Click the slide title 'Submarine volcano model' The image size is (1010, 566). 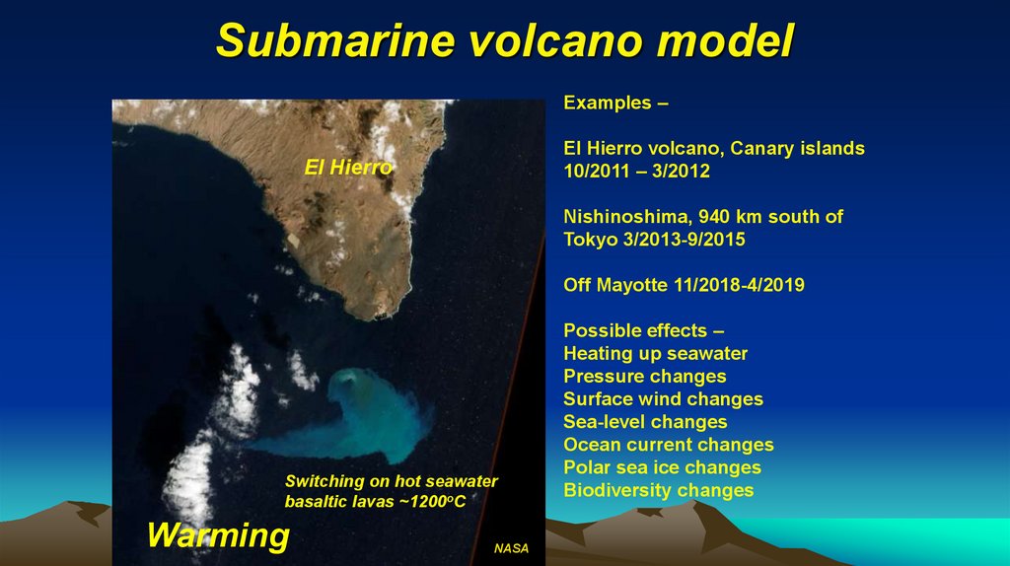[504, 40]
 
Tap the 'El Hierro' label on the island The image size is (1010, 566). [348, 169]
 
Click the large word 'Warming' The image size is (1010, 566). [218, 535]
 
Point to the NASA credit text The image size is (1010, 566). [511, 548]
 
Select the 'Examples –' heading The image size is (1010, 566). [608, 103]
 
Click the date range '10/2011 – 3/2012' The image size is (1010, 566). [636, 171]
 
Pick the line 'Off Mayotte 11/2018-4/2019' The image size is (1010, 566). [684, 285]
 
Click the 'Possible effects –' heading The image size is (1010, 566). [635, 330]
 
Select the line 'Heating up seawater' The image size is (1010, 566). [655, 353]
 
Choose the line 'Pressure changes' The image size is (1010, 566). [644, 376]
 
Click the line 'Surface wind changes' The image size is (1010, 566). [663, 398]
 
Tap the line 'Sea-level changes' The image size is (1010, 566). [645, 422]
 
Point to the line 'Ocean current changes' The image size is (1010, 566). [668, 445]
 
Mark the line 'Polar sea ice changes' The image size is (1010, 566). [662, 467]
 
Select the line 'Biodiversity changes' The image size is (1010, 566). [658, 490]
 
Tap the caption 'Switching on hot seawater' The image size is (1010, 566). [391, 481]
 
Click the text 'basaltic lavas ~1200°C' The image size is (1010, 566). [374, 503]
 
